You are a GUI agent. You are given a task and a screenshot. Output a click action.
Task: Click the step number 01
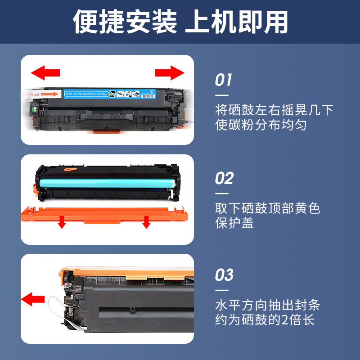(x=224, y=81)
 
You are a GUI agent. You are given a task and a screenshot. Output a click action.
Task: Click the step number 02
(x=224, y=179)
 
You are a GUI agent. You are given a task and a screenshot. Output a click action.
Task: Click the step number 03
(x=224, y=275)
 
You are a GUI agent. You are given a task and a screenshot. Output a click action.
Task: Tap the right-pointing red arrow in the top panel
(x=170, y=72)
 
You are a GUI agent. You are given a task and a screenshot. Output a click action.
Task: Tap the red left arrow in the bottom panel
(x=33, y=298)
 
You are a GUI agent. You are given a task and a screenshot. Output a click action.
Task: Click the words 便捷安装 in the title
(x=126, y=22)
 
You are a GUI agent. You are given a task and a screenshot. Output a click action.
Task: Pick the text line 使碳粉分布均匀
(x=261, y=125)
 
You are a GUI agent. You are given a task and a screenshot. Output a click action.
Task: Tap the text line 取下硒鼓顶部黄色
(x=268, y=208)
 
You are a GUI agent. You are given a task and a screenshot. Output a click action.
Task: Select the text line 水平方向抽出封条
(x=268, y=306)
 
